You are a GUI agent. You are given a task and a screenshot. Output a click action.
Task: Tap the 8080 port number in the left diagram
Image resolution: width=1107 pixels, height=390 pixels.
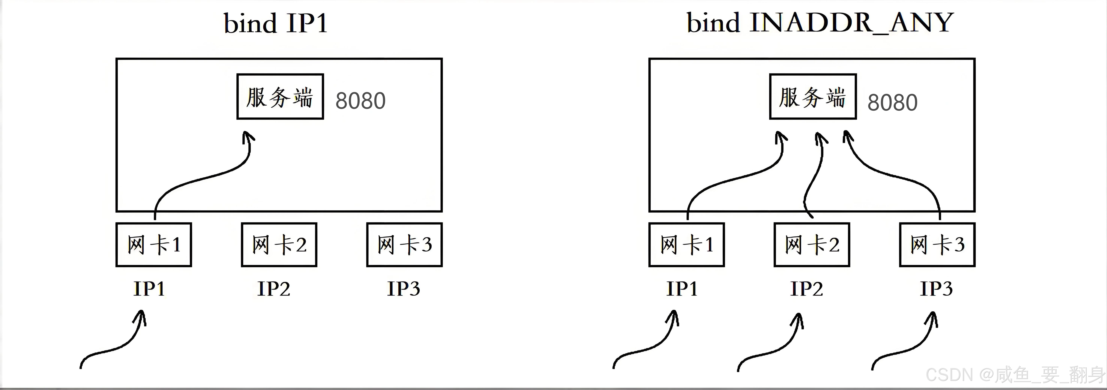(360, 101)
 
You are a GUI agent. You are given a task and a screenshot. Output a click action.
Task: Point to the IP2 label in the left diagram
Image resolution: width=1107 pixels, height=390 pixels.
(274, 289)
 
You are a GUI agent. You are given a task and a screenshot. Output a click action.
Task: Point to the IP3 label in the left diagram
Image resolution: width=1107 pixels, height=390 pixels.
(404, 289)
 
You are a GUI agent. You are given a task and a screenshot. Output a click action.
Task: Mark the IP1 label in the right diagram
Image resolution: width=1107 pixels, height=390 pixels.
(682, 289)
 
